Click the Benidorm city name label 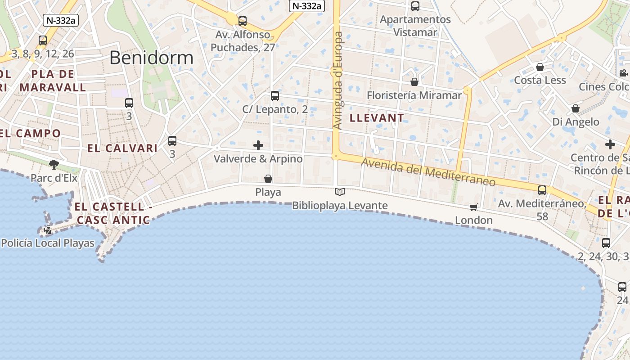tap(151, 58)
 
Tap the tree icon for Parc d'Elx tap(54, 165)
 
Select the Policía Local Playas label tap(48, 243)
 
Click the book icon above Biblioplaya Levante tap(340, 192)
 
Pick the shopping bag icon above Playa tap(268, 179)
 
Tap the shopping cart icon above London tap(473, 207)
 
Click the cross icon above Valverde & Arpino tap(258, 145)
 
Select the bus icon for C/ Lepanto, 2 tap(275, 96)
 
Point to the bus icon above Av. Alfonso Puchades tap(243, 21)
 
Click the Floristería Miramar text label tap(414, 95)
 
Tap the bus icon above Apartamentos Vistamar tap(415, 6)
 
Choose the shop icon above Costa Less tap(540, 67)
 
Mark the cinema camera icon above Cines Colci tap(623, 73)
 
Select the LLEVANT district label tap(377, 118)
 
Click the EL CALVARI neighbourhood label tap(122, 148)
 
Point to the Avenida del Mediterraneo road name tap(428, 173)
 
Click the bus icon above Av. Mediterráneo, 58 tap(542, 190)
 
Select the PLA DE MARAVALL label tap(53, 81)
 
